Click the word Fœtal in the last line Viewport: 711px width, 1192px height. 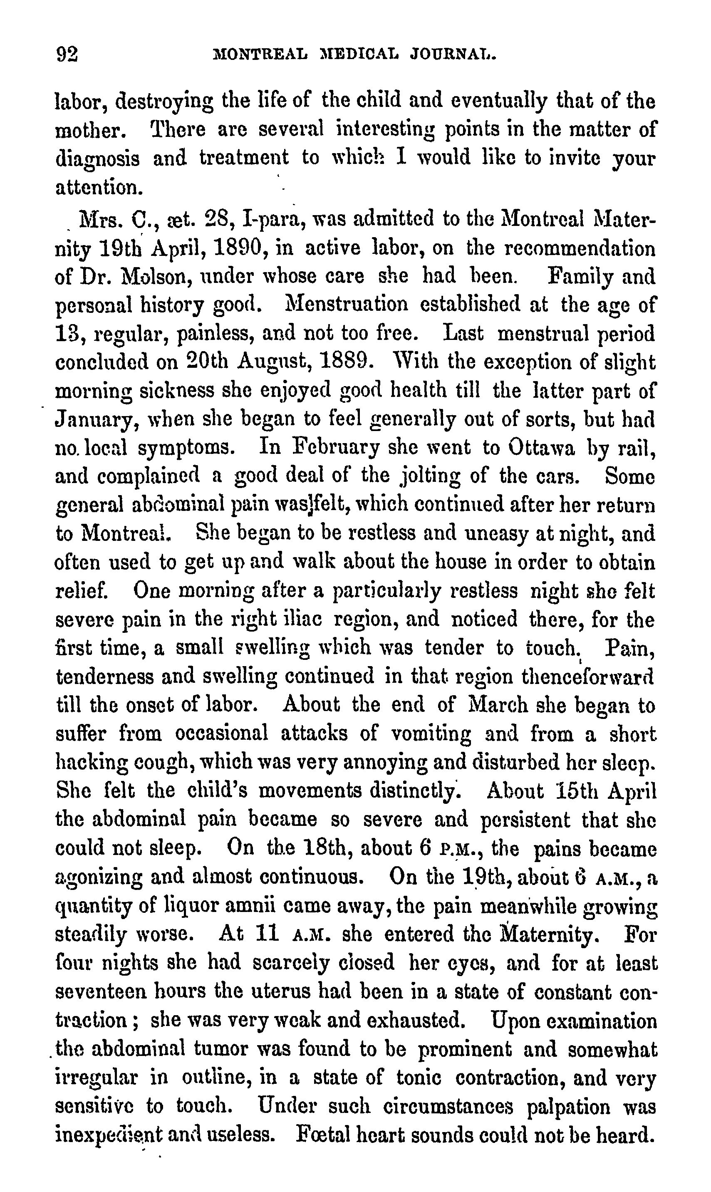click(x=322, y=1134)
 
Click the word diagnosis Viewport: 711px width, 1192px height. click(x=97, y=159)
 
